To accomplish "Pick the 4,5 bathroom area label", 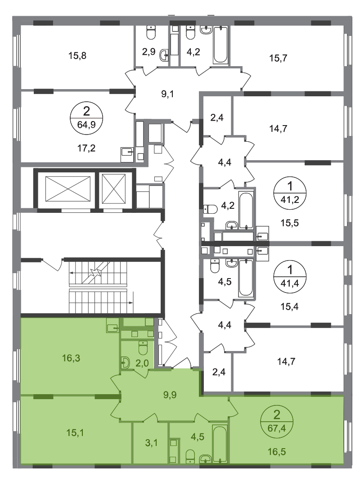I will pos(197,437).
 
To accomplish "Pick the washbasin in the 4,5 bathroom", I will pos(205,458).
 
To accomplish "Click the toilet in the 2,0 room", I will pos(144,348).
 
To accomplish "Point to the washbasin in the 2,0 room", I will pos(125,363).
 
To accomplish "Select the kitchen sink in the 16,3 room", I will pos(112,326).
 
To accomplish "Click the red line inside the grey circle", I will pos(88,117).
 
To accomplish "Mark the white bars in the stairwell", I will pos(99,288).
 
